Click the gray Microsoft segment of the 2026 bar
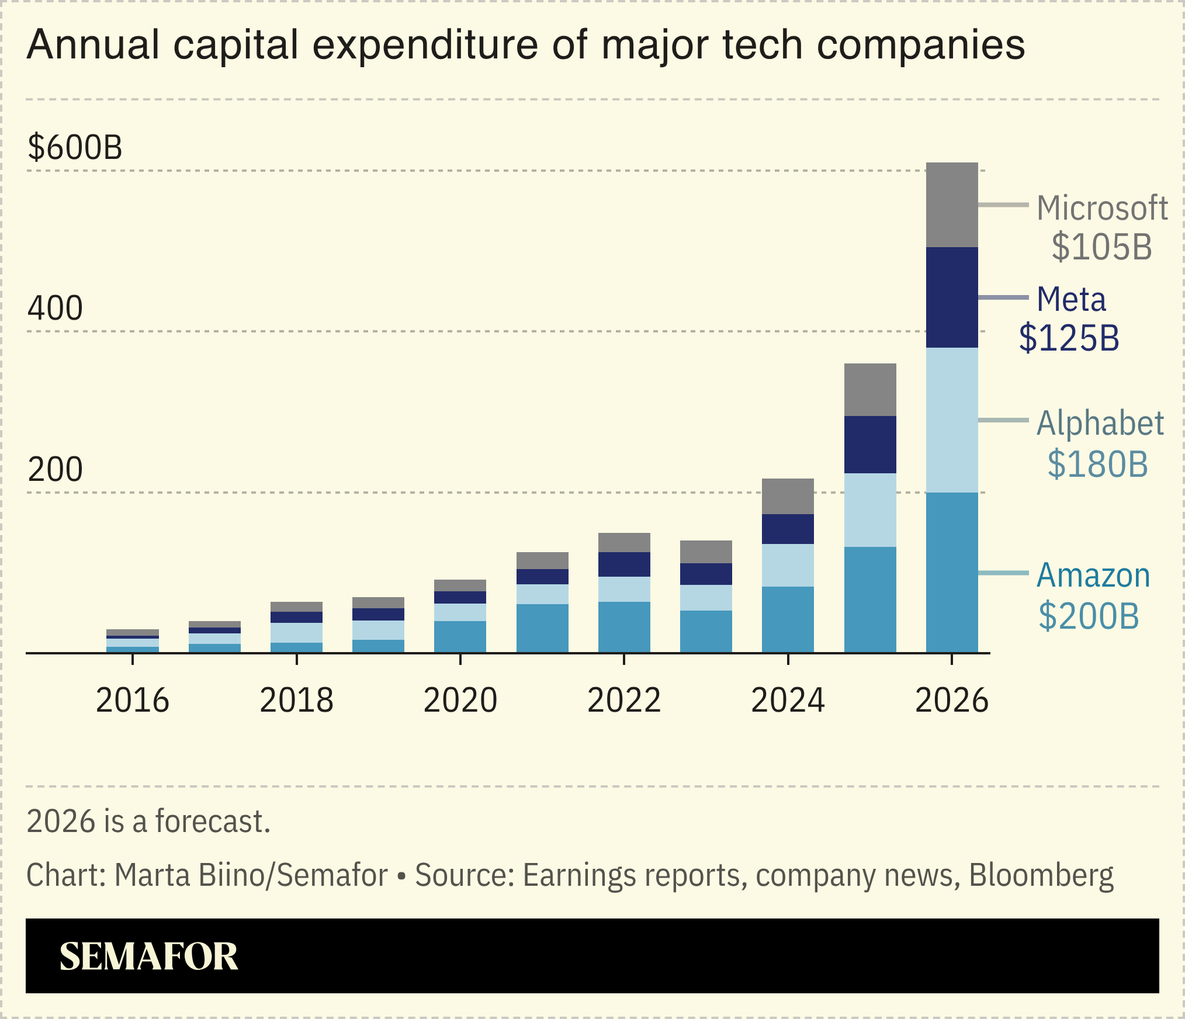[x=951, y=205]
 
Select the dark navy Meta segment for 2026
[x=951, y=297]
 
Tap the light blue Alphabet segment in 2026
[x=951, y=420]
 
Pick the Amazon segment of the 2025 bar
[x=869, y=599]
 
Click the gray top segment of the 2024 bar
[x=788, y=496]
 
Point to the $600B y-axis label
[x=75, y=147]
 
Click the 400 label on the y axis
[x=55, y=308]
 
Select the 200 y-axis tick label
[x=55, y=469]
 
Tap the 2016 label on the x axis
[x=133, y=700]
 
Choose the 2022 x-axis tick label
[x=624, y=700]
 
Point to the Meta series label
[x=1071, y=300]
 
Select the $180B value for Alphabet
[x=1097, y=465]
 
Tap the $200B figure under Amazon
[x=1089, y=616]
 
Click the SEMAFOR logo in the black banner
[x=148, y=956]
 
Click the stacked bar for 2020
[x=460, y=616]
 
